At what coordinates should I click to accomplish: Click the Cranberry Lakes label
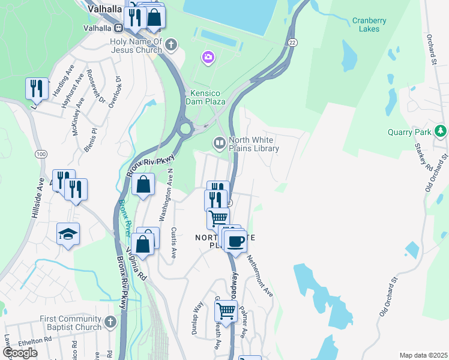point(369,25)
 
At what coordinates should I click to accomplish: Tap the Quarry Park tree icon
point(441,130)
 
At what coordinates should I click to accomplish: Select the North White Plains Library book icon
point(220,143)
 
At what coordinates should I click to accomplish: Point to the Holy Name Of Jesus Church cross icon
point(171,44)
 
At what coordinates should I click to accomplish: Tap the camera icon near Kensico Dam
point(208,57)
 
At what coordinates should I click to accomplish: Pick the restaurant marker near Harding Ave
point(37,89)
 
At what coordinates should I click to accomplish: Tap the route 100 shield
point(41,154)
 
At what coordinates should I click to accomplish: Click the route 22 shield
point(292,42)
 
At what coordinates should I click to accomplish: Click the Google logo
point(20,353)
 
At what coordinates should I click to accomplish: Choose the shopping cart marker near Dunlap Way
point(226,311)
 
